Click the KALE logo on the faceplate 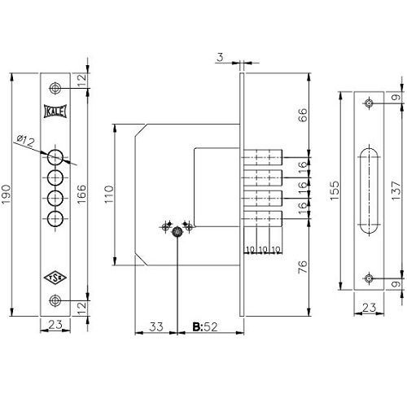[x=55, y=111]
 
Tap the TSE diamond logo [x=55, y=278]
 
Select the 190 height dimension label [x=6, y=195]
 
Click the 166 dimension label [x=81, y=194]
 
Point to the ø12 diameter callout [x=26, y=141]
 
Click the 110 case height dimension [x=108, y=195]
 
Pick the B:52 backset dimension [x=205, y=327]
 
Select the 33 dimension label [x=156, y=326]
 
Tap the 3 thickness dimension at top [x=221, y=57]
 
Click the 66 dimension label [x=303, y=115]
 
